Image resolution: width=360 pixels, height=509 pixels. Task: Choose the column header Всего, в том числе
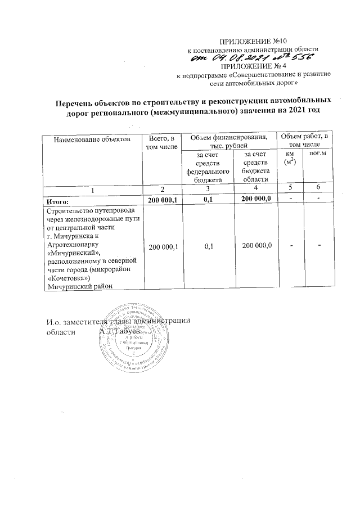tap(161, 142)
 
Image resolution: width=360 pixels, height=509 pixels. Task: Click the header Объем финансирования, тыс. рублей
tap(228, 142)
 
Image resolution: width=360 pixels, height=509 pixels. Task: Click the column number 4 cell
tap(255, 189)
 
